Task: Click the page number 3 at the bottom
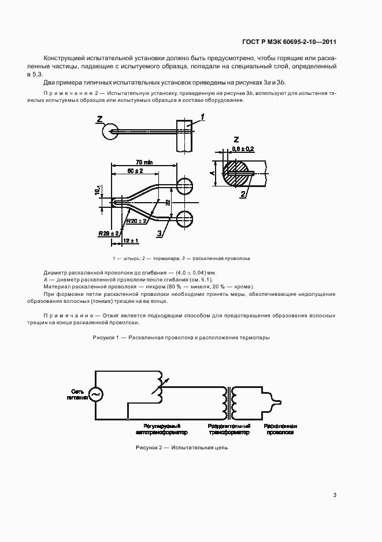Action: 335,495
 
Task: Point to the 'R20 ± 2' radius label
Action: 137,204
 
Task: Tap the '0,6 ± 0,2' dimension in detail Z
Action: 243,149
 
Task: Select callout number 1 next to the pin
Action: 203,118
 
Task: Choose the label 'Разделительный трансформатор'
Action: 229,429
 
